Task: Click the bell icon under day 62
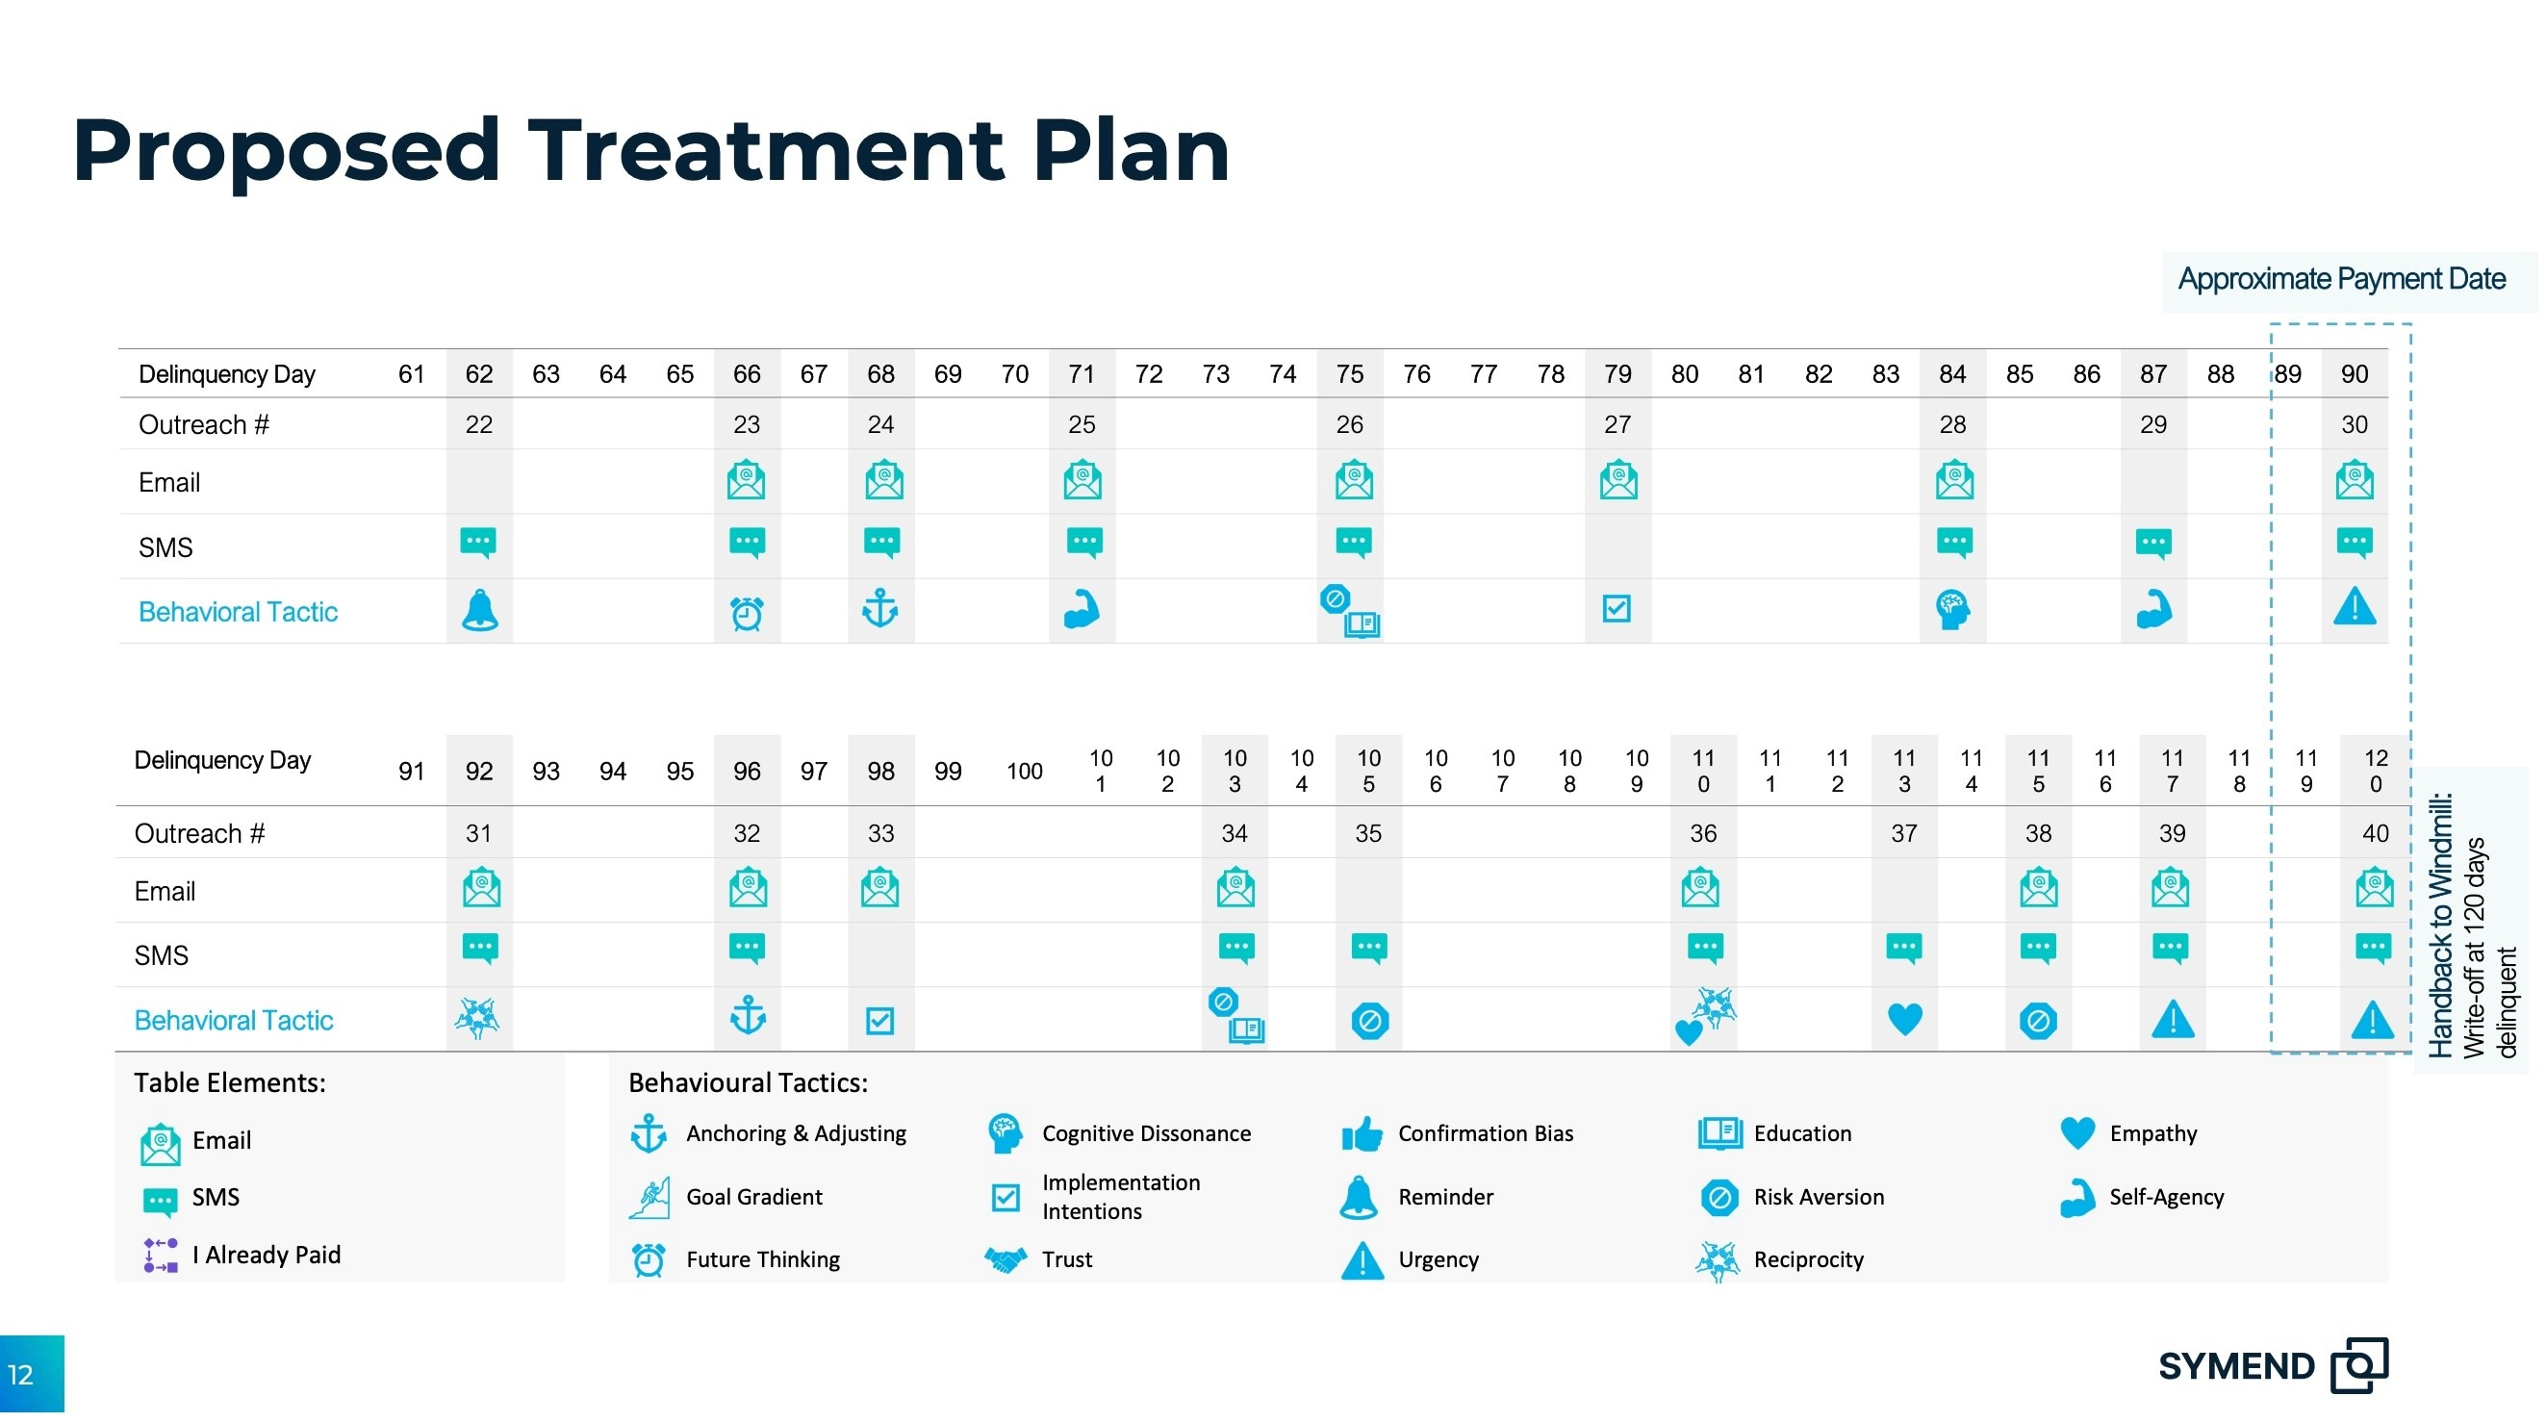click(480, 610)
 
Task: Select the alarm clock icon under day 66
click(748, 613)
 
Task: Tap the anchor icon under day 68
click(880, 609)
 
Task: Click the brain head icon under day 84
click(1953, 610)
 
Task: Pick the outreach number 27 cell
click(1617, 425)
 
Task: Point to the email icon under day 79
click(1617, 479)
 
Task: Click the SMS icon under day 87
click(2153, 544)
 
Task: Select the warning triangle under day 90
click(2355, 606)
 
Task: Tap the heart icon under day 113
click(1904, 1019)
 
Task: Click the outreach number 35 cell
click(1368, 834)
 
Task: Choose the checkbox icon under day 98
click(879, 1021)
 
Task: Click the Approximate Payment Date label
click(2341, 280)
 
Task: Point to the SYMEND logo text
click(2236, 1366)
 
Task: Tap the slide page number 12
click(21, 1375)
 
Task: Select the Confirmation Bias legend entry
click(1458, 1134)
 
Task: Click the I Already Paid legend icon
click(160, 1255)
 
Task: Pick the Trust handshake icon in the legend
click(1006, 1260)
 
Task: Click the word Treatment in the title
click(767, 150)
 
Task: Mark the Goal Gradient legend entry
click(726, 1198)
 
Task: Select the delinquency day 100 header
click(1025, 772)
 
